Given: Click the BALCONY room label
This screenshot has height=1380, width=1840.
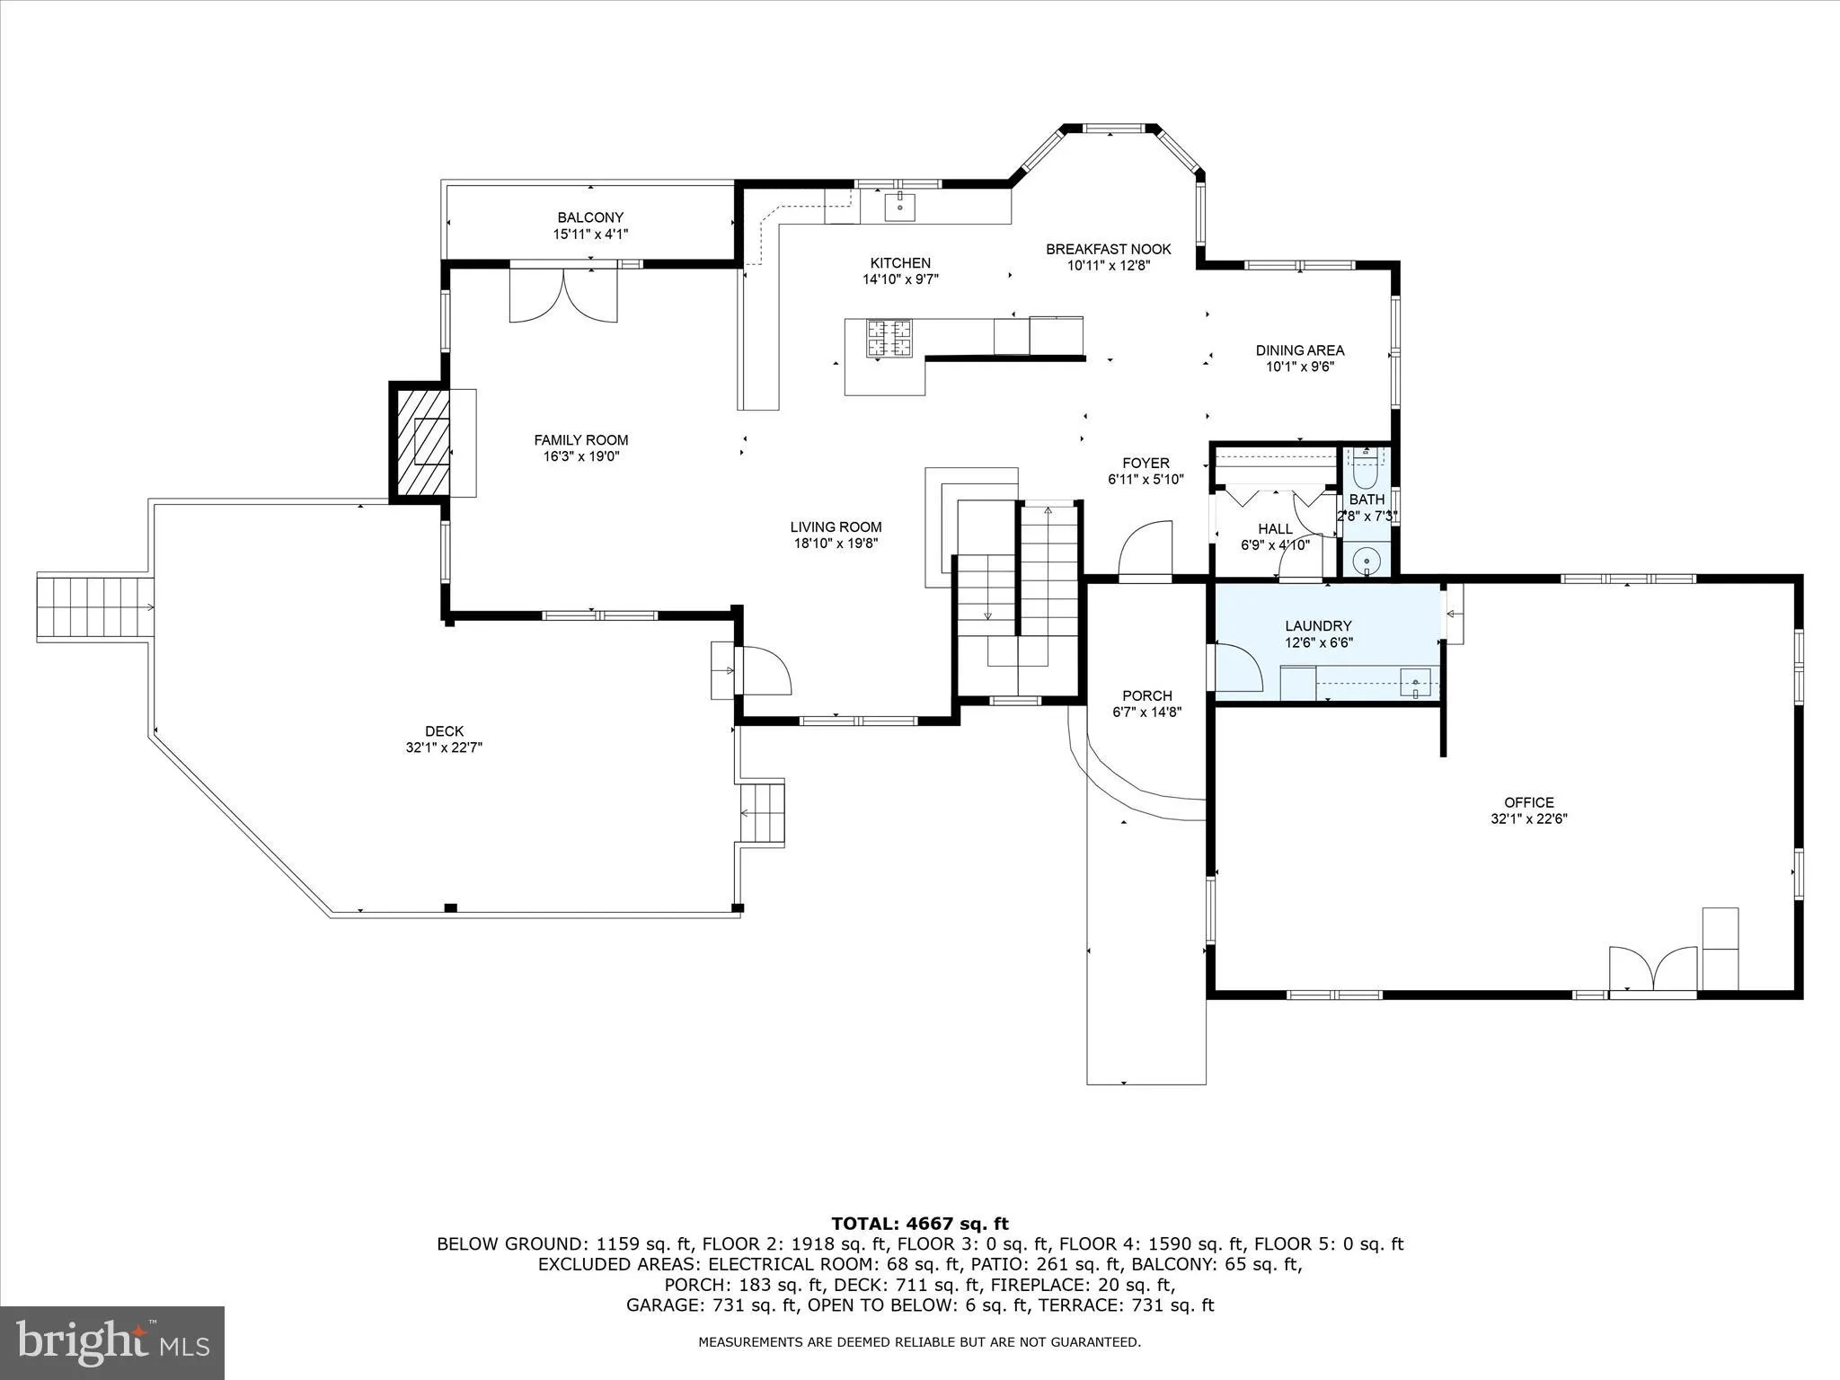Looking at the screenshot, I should point(590,217).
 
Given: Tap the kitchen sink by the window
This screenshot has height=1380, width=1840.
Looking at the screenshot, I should point(899,207).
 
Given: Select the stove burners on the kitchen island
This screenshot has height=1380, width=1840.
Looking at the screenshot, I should point(889,339).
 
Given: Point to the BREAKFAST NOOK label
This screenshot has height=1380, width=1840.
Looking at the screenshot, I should point(1108,249).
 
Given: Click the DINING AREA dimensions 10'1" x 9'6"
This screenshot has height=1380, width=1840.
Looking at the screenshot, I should point(1299,367).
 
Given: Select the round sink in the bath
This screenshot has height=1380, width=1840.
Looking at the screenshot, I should point(1367,560).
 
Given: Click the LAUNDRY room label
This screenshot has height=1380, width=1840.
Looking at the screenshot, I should point(1318,626).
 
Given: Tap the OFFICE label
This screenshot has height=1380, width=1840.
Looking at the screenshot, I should point(1529,802).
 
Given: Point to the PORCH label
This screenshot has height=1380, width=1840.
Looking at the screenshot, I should point(1146,695).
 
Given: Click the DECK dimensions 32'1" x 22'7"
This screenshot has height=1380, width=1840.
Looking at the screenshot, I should point(444,747).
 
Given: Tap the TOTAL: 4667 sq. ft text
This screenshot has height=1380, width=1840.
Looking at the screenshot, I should point(919,1224).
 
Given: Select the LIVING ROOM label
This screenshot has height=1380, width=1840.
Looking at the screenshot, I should point(836,527).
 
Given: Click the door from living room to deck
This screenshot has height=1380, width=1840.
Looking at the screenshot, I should point(763,670).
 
